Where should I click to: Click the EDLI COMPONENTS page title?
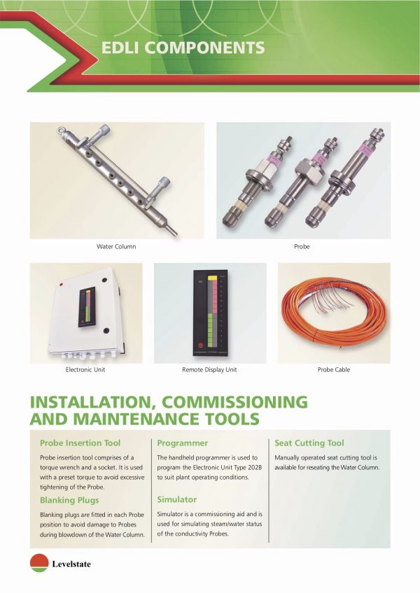(183, 48)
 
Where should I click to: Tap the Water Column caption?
(116, 247)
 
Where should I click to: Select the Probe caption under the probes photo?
(302, 247)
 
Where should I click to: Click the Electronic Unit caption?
(85, 369)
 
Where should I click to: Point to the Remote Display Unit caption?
(209, 369)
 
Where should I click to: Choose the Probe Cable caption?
(333, 369)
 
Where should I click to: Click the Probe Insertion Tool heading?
(80, 443)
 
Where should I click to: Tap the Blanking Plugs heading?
(69, 500)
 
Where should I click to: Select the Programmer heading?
(183, 443)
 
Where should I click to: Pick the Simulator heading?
(177, 500)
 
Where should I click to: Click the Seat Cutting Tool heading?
(309, 443)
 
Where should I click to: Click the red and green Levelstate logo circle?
(38, 563)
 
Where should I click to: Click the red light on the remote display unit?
(202, 345)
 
